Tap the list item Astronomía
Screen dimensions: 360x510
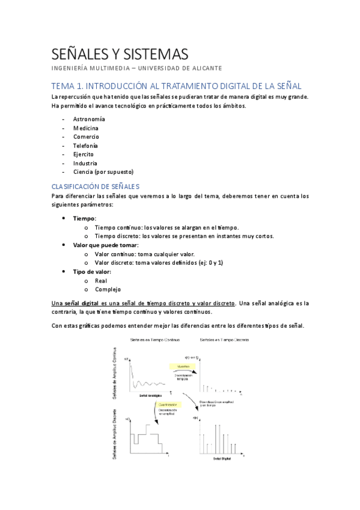pyautogui.click(x=89, y=119)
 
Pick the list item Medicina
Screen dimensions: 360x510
pyautogui.click(x=85, y=128)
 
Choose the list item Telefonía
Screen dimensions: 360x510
pyautogui.click(x=85, y=146)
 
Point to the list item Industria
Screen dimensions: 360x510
pyautogui.click(x=85, y=163)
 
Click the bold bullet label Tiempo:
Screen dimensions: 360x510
pyautogui.click(x=85, y=218)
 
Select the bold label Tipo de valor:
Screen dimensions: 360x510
pyautogui.click(x=92, y=271)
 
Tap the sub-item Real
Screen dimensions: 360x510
pyautogui.click(x=101, y=280)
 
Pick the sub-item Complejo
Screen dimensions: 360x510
pyautogui.click(x=108, y=289)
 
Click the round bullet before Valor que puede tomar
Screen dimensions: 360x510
pyautogui.click(x=64, y=245)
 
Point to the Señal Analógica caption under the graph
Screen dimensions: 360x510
pyautogui.click(x=151, y=395)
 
